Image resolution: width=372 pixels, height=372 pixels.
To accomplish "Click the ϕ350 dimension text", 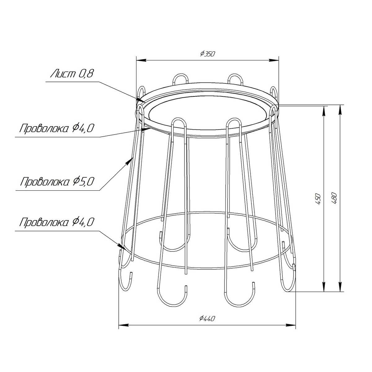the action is click(207, 54).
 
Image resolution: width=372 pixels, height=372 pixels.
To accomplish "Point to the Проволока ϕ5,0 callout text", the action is click(57, 182).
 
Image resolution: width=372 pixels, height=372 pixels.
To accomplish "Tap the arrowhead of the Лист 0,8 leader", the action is click(141, 100).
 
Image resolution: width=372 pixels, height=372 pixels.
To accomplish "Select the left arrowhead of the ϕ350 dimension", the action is click(141, 60).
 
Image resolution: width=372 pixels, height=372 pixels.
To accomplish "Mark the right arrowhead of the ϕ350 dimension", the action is click(274, 60).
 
